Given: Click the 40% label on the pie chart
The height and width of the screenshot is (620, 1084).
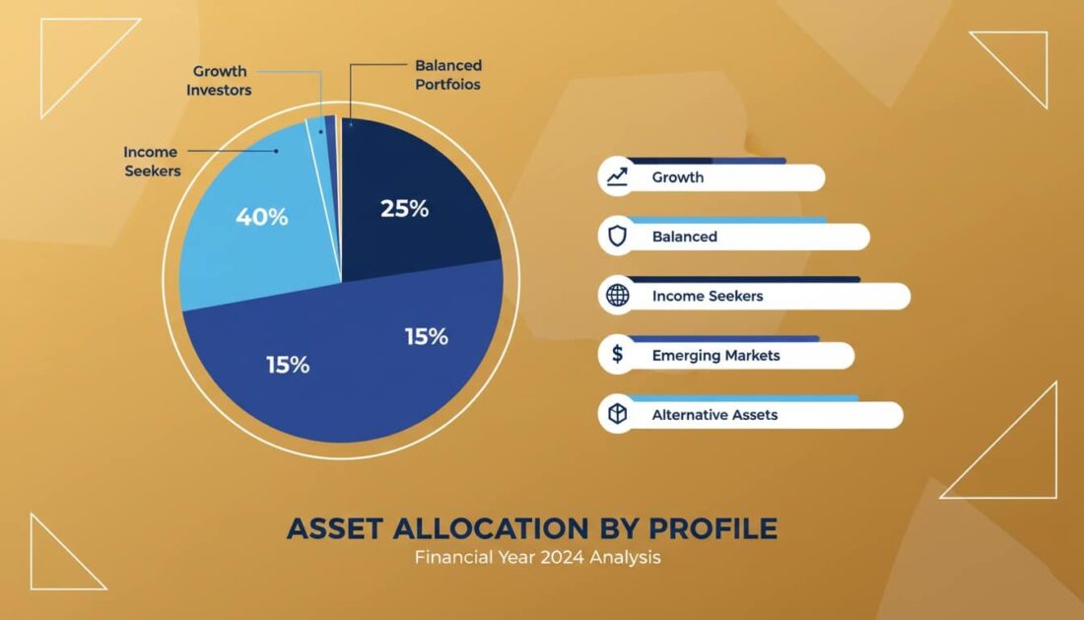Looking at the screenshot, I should (261, 218).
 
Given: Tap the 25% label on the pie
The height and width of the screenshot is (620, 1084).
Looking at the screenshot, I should (404, 209).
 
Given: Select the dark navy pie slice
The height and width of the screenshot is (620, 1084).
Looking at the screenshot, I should (419, 187).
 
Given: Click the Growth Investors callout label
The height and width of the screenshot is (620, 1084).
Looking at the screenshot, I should (221, 81).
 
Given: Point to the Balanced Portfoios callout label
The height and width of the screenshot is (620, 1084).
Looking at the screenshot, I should (448, 75).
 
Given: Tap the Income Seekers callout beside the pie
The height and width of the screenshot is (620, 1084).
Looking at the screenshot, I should (152, 161).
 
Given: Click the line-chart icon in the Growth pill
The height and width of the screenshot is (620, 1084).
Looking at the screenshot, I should (618, 177).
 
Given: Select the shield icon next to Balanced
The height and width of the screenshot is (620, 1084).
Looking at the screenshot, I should (618, 237).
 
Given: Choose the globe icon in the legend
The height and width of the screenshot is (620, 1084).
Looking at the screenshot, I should (618, 296).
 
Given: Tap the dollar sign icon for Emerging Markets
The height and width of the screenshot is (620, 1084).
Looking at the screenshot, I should (618, 355).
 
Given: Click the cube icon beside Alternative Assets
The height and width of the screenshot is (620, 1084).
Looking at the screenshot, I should (618, 415).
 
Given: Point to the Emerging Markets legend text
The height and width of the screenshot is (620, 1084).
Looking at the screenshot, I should (715, 355).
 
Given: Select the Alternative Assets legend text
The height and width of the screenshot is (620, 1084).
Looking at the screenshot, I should (714, 415).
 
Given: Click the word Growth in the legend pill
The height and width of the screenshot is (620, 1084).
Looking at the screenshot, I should (678, 177).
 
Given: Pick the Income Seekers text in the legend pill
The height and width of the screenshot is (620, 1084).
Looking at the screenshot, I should (708, 296).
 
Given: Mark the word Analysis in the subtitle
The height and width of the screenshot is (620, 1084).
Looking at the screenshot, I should (626, 557).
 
